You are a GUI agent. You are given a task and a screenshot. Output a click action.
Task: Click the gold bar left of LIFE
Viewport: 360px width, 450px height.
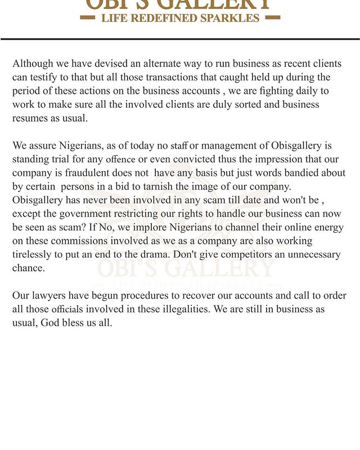click(x=88, y=18)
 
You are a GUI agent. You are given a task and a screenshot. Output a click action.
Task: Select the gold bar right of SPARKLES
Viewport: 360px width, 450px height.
click(x=272, y=18)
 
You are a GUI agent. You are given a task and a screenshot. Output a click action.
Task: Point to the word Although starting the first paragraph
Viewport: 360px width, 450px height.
click(x=34, y=64)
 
